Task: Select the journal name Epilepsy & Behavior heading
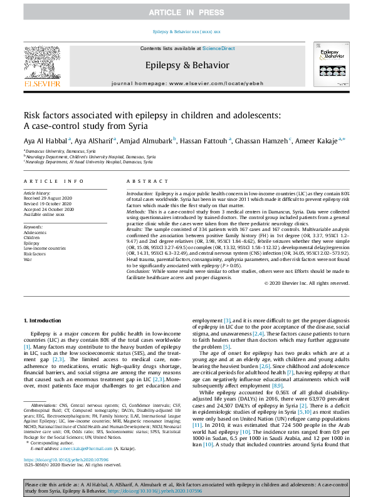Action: click(x=186, y=64)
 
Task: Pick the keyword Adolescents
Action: click(x=34, y=232)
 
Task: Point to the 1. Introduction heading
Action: click(x=43, y=320)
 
